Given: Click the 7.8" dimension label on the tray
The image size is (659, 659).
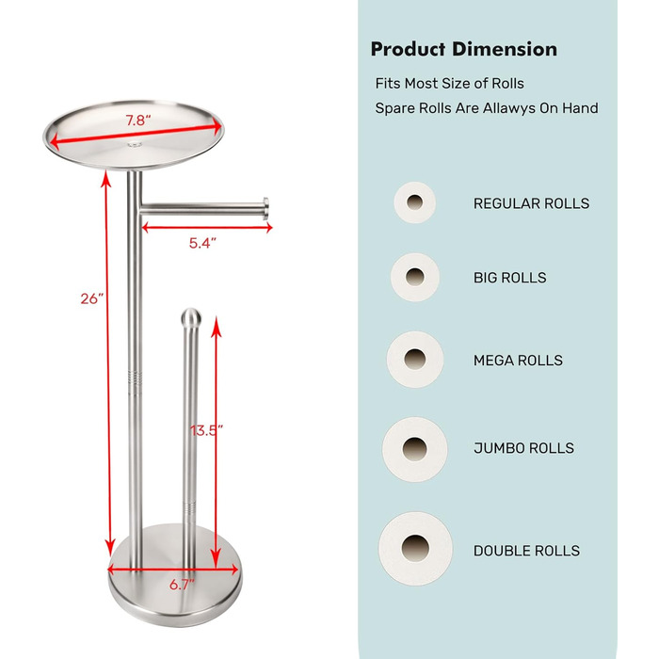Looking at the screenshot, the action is (x=138, y=121).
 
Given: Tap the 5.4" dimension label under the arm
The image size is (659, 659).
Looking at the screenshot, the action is (x=202, y=243).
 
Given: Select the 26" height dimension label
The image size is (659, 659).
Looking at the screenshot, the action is (x=91, y=298).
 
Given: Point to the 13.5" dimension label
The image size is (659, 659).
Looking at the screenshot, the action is (x=206, y=430).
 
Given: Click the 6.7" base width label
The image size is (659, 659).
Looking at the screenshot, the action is (x=183, y=585).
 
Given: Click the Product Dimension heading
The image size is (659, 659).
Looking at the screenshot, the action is (x=464, y=49).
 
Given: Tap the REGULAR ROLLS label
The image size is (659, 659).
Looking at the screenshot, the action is (x=531, y=203).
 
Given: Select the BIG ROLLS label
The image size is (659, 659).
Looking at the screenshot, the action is (x=510, y=278).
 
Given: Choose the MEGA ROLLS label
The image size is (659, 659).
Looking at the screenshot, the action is (x=518, y=361).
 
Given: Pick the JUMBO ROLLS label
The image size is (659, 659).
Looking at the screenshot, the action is (x=523, y=448).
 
